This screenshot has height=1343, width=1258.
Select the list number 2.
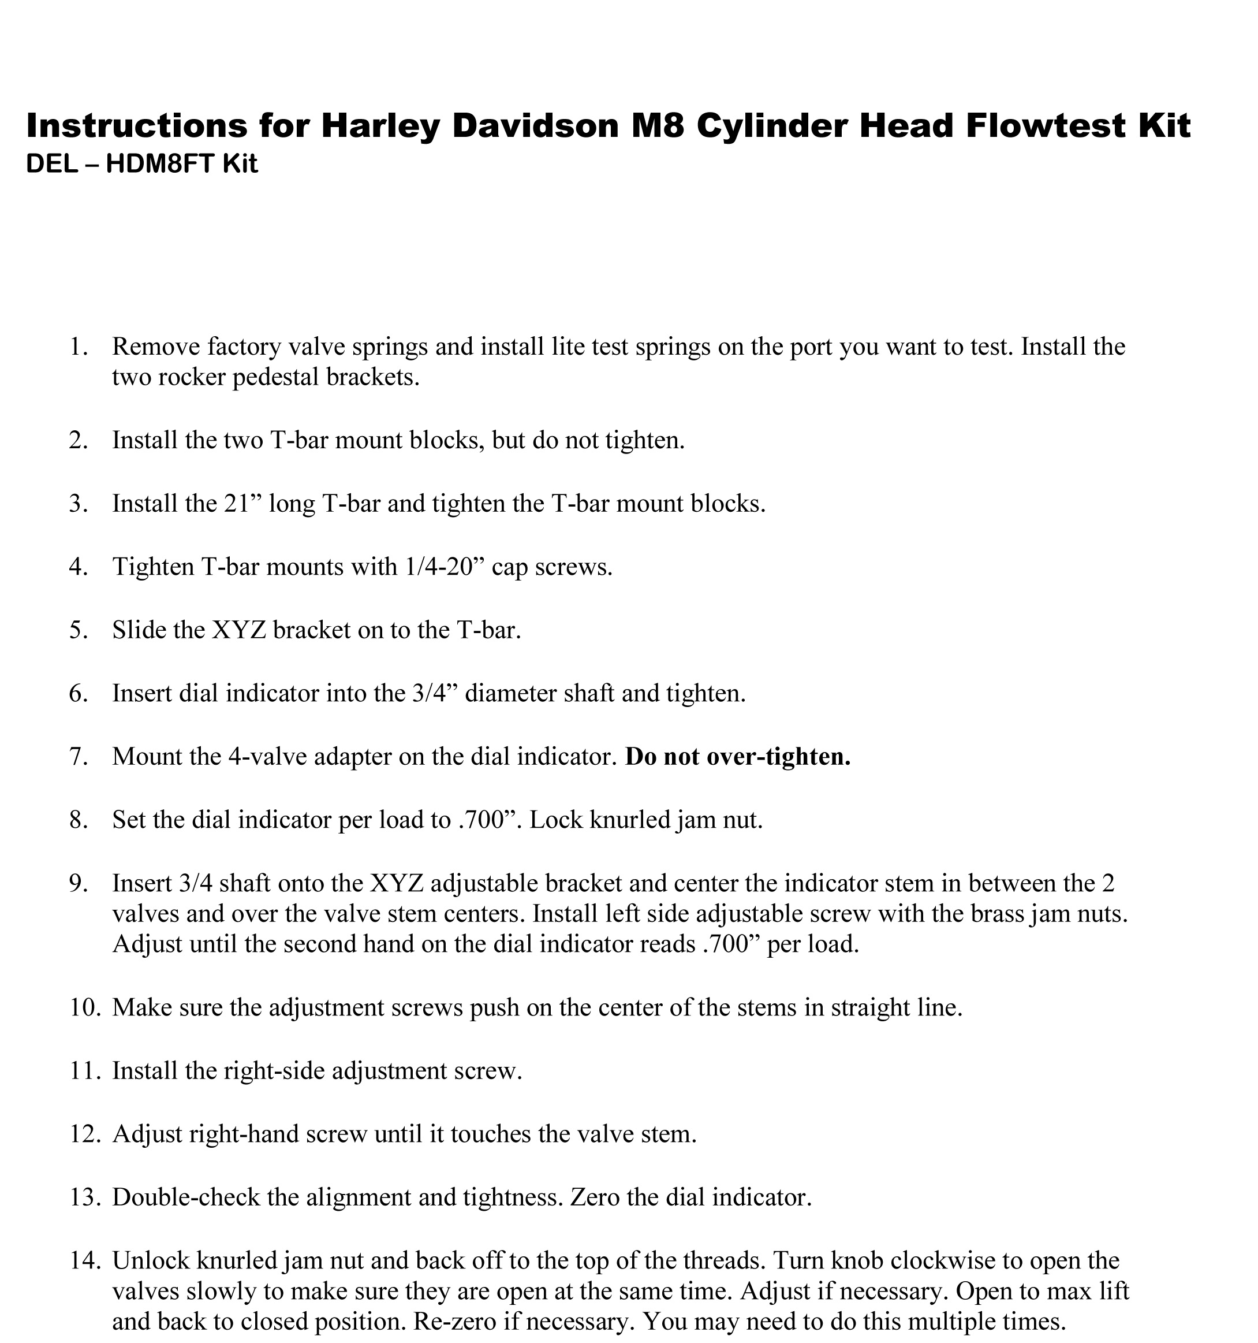(x=79, y=441)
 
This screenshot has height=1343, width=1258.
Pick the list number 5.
(x=79, y=630)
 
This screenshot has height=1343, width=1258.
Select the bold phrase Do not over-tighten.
(x=737, y=757)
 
